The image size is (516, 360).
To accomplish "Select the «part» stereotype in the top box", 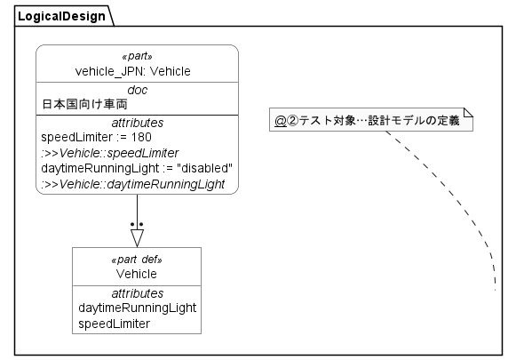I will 137,57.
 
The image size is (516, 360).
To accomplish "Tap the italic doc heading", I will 137,90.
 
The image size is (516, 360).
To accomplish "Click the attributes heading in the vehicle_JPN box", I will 137,122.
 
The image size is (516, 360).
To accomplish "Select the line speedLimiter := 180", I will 97,138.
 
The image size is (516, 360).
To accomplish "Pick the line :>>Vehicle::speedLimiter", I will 109,153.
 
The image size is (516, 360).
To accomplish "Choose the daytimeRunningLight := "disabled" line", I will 137,169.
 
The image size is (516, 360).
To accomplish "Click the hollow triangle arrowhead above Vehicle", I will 137,237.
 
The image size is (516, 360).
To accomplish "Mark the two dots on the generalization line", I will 137,224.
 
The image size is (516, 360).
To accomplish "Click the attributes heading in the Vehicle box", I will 137,292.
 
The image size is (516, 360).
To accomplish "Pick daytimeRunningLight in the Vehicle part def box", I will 137,308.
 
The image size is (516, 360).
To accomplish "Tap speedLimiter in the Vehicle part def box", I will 114,324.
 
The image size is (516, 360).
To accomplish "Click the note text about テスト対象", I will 365,120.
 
